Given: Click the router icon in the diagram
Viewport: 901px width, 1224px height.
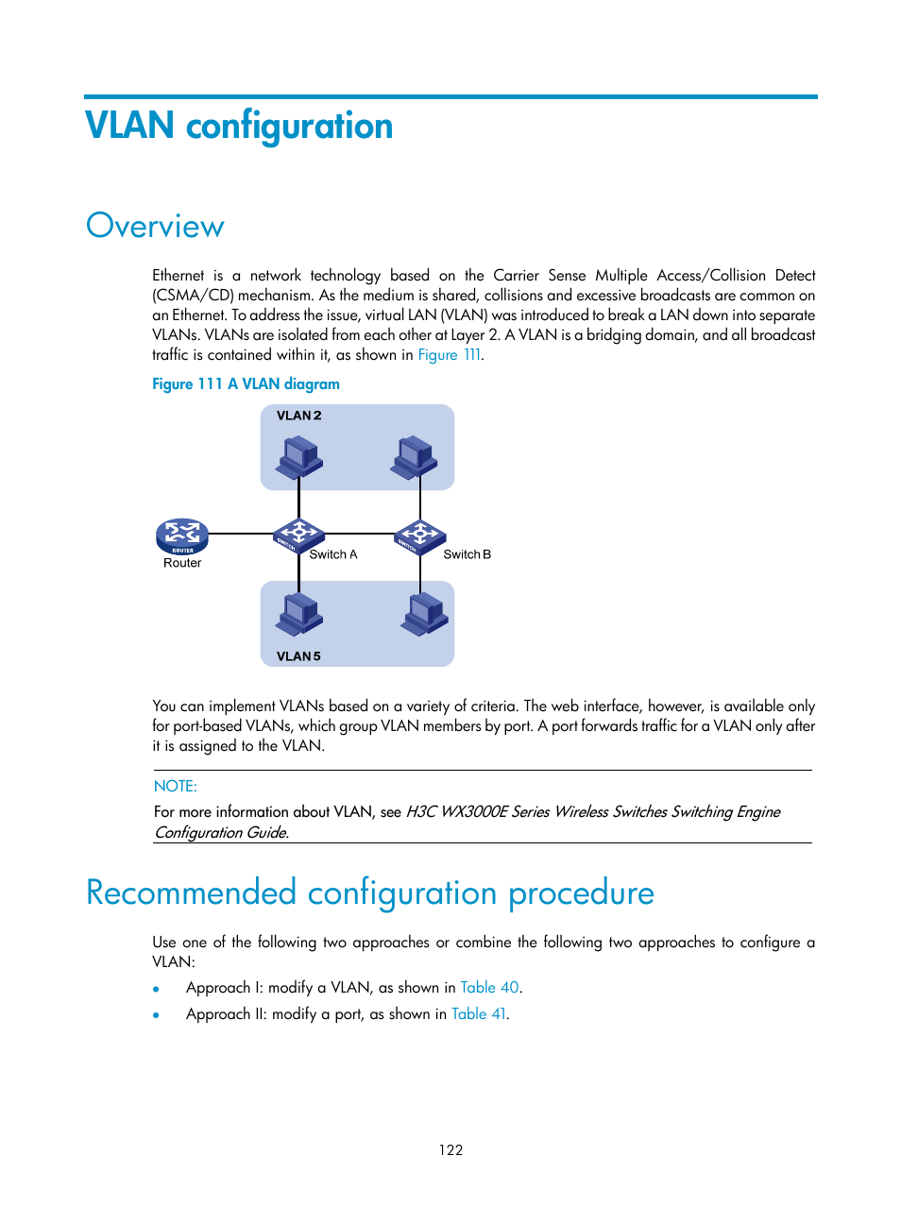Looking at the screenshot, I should [x=181, y=535].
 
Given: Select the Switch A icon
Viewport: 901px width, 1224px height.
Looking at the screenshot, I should [x=298, y=535].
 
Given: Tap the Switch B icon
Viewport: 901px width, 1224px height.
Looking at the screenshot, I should [x=420, y=535].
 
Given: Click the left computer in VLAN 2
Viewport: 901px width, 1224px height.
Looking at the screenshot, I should [x=299, y=457].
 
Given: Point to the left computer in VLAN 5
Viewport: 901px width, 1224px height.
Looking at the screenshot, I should [x=299, y=614].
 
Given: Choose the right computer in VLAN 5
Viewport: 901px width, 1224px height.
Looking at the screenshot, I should [x=425, y=614].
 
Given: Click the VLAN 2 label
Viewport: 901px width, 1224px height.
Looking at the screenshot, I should [x=298, y=416].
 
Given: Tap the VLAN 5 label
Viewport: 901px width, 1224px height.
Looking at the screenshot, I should [x=298, y=656].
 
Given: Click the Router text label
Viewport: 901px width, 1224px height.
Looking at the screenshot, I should [x=182, y=563].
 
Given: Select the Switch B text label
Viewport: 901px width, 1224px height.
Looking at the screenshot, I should [x=467, y=554].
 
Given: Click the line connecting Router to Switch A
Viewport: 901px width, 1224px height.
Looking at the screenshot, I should [x=240, y=535].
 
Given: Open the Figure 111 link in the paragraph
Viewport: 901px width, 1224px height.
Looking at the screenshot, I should [x=450, y=355].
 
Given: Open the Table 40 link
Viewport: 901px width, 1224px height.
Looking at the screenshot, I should [x=489, y=988].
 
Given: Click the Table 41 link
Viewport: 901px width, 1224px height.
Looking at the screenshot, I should [x=479, y=1014].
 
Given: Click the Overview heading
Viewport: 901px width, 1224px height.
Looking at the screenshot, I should [x=155, y=227].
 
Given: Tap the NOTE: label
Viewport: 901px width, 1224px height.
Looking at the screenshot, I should [x=176, y=786].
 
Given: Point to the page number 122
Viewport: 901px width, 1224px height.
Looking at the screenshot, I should [x=450, y=1150].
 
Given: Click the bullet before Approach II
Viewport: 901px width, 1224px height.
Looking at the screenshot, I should [x=156, y=1015].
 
